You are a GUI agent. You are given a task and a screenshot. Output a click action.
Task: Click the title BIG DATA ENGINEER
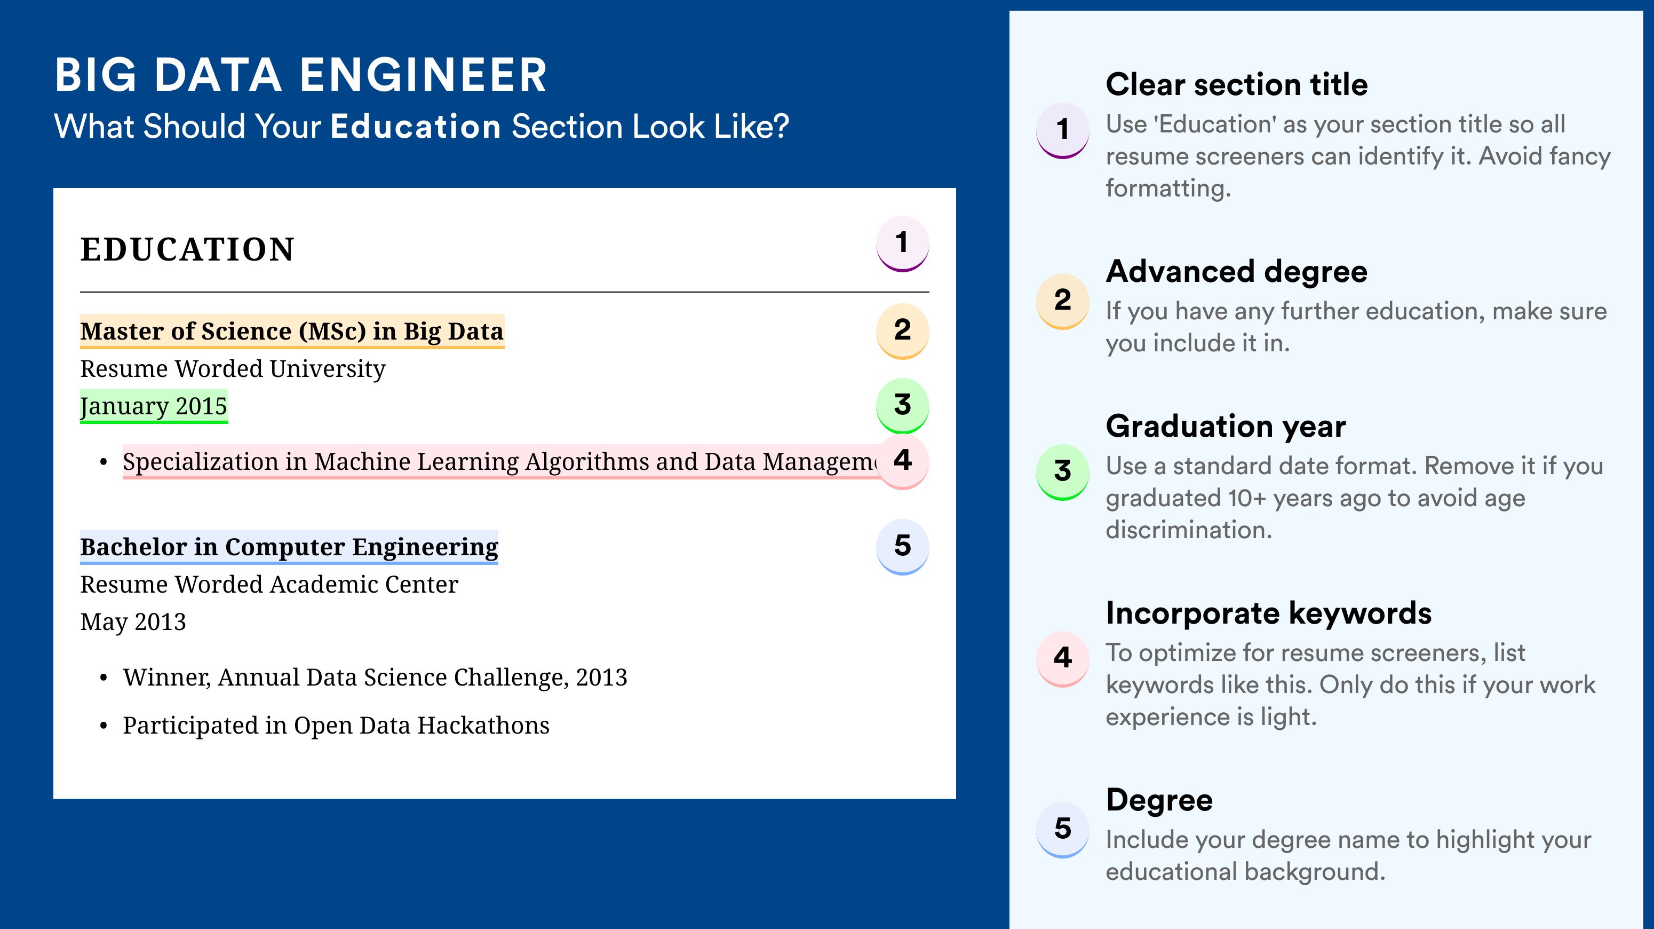(300, 75)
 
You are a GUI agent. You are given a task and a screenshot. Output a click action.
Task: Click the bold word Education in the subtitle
(416, 126)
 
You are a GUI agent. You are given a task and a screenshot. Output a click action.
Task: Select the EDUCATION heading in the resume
(187, 249)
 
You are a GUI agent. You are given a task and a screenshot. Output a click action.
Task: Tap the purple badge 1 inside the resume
(902, 243)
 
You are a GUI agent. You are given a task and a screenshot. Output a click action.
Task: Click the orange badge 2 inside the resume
(902, 331)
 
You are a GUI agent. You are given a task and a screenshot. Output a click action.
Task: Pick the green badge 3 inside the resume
(902, 405)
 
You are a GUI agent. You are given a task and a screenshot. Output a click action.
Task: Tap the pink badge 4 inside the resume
(902, 461)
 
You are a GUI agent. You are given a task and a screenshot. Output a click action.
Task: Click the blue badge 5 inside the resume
(902, 547)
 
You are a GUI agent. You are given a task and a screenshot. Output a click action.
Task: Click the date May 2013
(133, 621)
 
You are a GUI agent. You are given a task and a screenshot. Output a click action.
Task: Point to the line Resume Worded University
(233, 369)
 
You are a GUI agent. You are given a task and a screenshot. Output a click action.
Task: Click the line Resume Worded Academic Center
(269, 584)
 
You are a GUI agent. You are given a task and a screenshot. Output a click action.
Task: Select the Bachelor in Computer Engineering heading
(289, 547)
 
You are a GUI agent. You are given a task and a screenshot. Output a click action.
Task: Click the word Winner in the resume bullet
(167, 678)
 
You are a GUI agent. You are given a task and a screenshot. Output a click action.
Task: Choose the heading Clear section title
(1237, 84)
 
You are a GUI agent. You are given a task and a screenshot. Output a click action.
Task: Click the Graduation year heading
(1226, 427)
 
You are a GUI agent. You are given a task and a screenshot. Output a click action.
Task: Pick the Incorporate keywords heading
(1269, 613)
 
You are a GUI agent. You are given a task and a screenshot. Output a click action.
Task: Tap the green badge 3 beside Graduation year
(1063, 472)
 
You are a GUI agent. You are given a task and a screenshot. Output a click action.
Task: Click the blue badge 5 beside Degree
(1063, 829)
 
